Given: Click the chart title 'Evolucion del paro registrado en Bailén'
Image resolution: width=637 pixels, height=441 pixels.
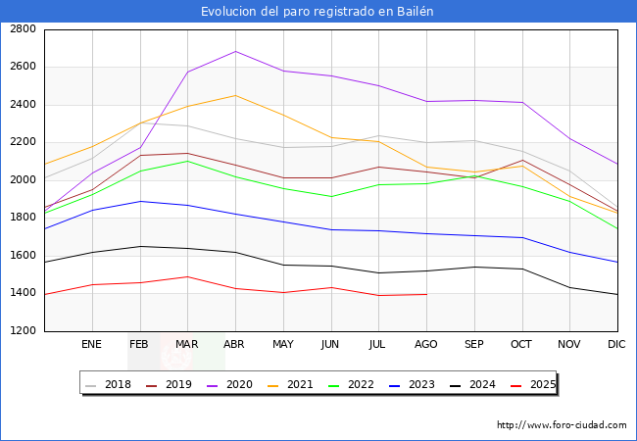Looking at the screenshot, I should pyautogui.click(x=318, y=11).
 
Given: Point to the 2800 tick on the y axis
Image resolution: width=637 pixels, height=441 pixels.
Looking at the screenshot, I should pyautogui.click(x=24, y=29).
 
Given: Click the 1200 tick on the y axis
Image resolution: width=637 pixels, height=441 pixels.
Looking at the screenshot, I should pyautogui.click(x=24, y=331).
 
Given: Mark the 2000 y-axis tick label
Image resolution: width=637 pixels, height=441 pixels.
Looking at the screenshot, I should pyautogui.click(x=24, y=180).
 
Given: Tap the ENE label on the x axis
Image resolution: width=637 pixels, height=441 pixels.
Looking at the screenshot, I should pyautogui.click(x=91, y=345).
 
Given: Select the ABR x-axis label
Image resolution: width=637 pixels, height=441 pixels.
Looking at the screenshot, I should pyautogui.click(x=234, y=345).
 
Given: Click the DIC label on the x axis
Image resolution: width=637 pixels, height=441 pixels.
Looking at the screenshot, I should pyautogui.click(x=616, y=345).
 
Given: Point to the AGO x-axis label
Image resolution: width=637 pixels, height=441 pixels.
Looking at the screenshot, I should pyautogui.click(x=425, y=345).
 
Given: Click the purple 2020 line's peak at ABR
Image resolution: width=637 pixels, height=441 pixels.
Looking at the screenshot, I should pyautogui.click(x=235, y=51).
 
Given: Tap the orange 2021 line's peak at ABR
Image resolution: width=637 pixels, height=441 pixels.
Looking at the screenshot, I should pyautogui.click(x=235, y=95).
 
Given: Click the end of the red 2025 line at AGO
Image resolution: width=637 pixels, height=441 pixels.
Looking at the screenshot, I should pyautogui.click(x=426, y=294).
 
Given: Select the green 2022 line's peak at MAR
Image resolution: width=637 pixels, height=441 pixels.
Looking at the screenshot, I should pyautogui.click(x=187, y=161).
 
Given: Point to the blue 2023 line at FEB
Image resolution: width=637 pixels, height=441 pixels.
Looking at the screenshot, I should pyautogui.click(x=139, y=201).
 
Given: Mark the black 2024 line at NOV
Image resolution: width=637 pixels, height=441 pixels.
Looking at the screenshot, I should pyautogui.click(x=569, y=287).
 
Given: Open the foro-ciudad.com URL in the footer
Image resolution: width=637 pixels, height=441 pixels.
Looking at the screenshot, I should pyautogui.click(x=562, y=425).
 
